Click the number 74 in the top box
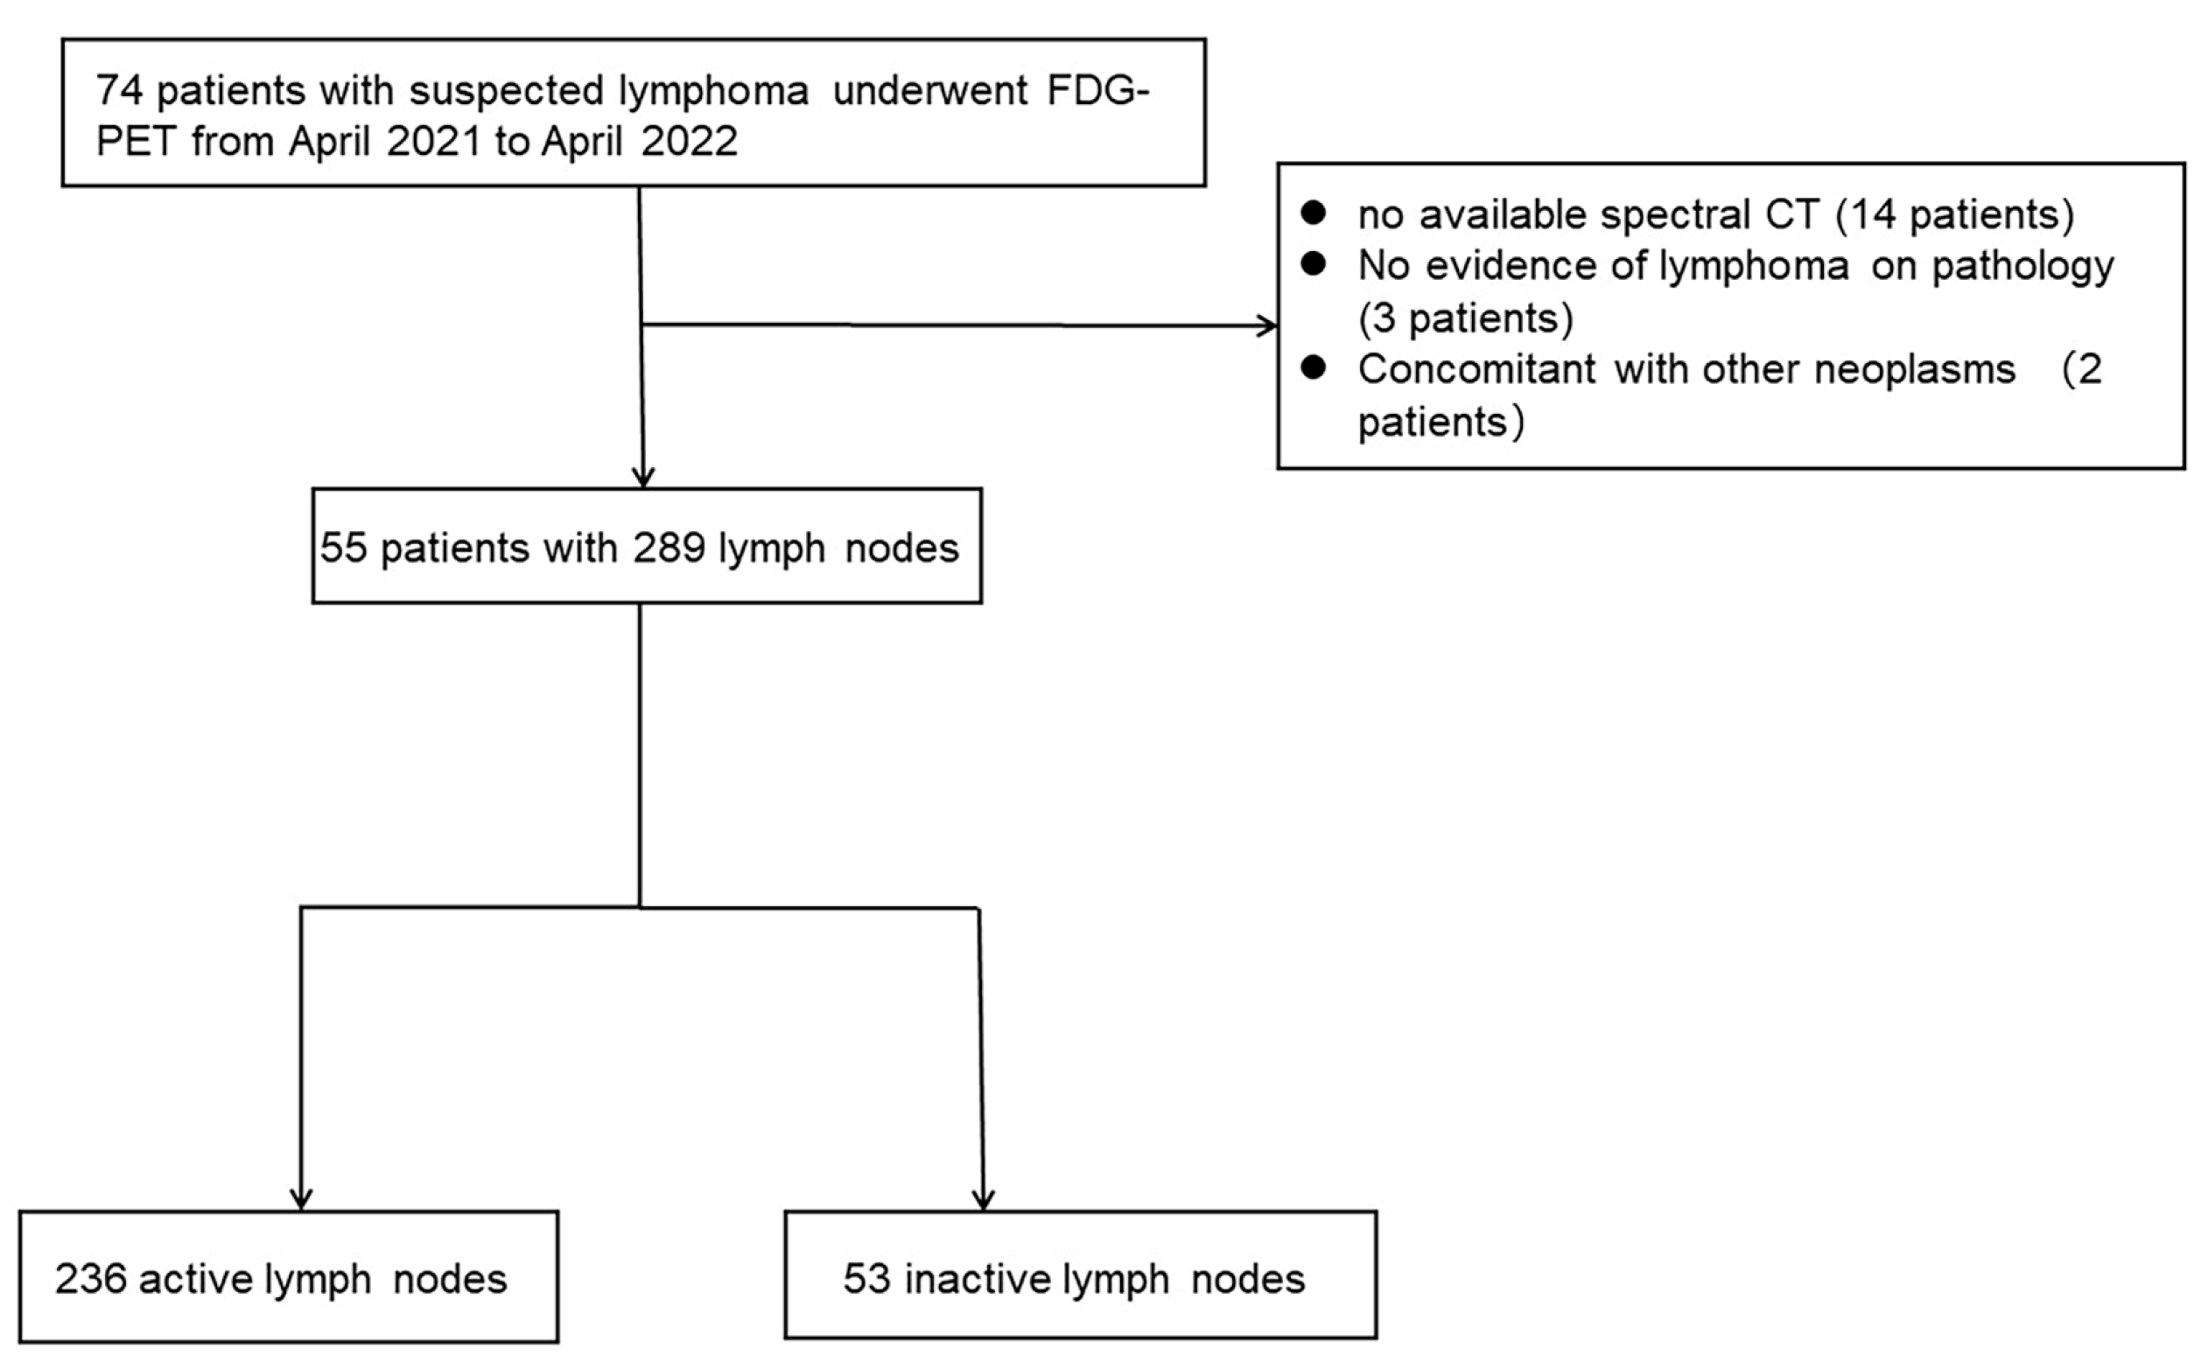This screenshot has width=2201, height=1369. click(119, 91)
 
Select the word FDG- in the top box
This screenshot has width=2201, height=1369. click(1097, 91)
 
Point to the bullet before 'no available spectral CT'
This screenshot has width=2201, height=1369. click(1314, 213)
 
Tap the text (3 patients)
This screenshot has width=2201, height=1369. click(1466, 318)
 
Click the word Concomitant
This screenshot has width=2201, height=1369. click(1476, 369)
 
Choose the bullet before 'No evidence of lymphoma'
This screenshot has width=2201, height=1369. click(1314, 264)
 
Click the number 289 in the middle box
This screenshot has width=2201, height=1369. click(669, 548)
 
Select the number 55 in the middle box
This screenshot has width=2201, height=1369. click(343, 548)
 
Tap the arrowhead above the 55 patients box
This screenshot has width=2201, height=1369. click(643, 477)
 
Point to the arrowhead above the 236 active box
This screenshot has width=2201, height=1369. click(301, 1198)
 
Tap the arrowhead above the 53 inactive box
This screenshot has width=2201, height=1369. click(983, 1198)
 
